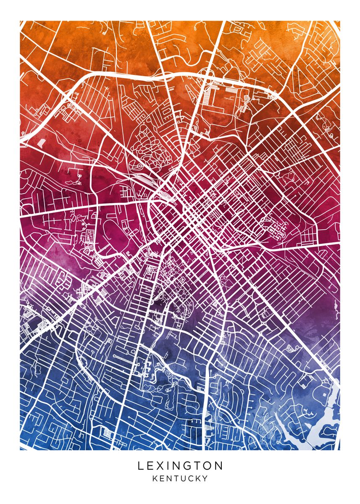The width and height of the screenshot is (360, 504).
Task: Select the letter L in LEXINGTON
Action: (140, 466)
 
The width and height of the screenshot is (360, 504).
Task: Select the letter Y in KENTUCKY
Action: (205, 478)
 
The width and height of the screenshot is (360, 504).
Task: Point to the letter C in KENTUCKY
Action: (190, 478)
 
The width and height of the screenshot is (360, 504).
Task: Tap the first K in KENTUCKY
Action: (155, 478)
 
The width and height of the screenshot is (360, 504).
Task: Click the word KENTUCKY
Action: (180, 478)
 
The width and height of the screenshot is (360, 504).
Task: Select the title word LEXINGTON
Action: (180, 466)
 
